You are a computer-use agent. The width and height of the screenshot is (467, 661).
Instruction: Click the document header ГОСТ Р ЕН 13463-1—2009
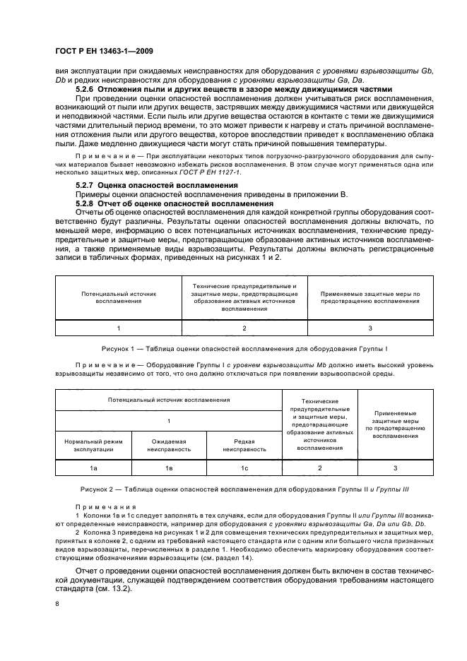click(104, 52)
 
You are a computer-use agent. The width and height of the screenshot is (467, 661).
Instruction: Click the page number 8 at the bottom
click(57, 604)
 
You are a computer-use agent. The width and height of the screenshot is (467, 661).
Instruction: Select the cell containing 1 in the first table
click(118, 328)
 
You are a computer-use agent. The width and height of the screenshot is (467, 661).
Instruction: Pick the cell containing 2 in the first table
click(244, 328)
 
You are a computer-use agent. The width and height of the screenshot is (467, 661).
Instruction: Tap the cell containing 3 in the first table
click(370, 328)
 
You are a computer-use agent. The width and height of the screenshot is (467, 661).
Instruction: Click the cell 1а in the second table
click(93, 468)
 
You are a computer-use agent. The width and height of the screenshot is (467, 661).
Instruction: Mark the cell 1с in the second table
click(244, 468)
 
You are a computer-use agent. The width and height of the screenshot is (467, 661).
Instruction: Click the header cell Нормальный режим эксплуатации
click(93, 444)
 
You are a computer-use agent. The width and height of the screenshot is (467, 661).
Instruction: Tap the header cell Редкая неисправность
click(244, 444)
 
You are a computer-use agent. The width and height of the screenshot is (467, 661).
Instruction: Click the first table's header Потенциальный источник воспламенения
click(118, 297)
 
